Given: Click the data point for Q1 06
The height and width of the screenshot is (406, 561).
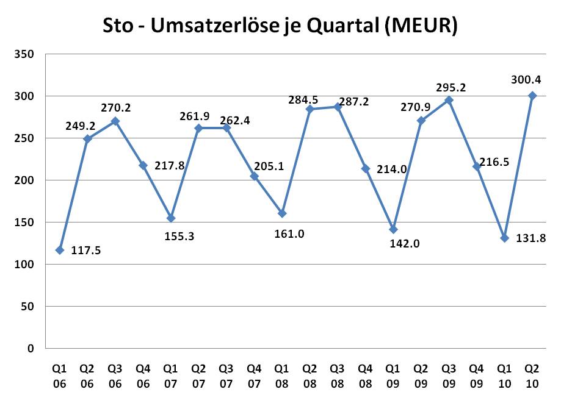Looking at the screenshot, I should (60, 250).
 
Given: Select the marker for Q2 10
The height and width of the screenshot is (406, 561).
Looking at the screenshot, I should (532, 96).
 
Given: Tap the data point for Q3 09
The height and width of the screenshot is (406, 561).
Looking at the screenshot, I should (449, 100).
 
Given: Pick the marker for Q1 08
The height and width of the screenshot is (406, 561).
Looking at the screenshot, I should (282, 213).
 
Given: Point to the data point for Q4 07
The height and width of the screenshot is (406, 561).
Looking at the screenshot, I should (255, 176).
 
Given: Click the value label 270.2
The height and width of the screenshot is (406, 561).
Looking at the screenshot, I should (116, 108).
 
